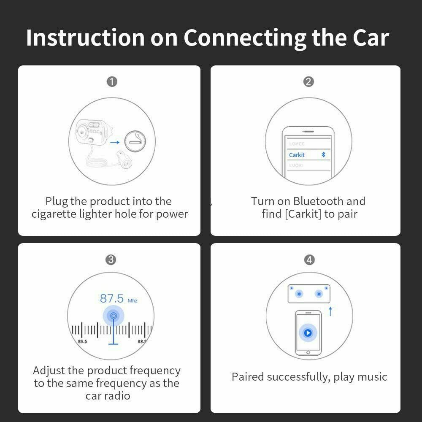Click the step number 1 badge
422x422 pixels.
[x=112, y=81]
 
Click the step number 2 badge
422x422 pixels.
[x=308, y=81]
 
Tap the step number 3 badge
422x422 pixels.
[x=111, y=260]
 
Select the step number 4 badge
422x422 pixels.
[x=309, y=260]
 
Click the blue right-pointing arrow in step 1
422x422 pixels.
[x=114, y=143]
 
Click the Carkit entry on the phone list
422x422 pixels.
[x=297, y=155]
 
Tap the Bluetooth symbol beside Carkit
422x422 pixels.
[x=324, y=155]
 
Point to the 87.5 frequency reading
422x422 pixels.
[x=112, y=299]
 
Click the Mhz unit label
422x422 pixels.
[x=133, y=300]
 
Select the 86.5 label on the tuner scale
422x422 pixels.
[x=82, y=341]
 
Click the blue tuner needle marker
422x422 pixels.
[x=113, y=316]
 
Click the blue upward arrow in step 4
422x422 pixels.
[x=330, y=312]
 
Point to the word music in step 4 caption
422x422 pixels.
[x=370, y=376]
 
